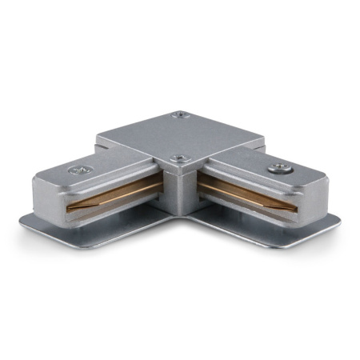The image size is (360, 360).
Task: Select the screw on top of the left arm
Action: point(78,170)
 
